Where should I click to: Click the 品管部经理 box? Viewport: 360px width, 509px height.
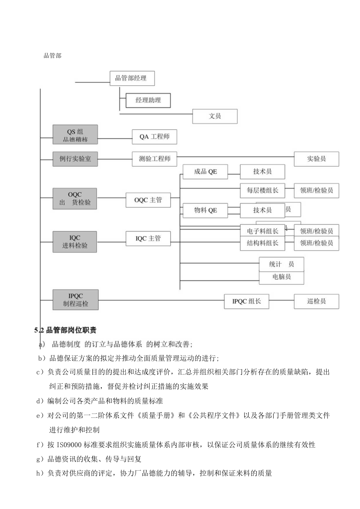point(132,78)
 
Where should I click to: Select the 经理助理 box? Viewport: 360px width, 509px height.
point(148,100)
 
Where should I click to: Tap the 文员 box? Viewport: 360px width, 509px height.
point(215,116)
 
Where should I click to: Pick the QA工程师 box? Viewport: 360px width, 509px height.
point(154,137)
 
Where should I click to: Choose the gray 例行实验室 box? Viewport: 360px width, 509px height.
point(75,159)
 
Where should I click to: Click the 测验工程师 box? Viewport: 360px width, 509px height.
point(154,159)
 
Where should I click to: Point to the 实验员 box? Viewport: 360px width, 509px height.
point(317,159)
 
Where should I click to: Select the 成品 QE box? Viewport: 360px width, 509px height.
point(205,172)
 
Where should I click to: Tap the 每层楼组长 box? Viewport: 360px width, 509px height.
point(263,191)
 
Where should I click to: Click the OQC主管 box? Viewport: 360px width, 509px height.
point(148,200)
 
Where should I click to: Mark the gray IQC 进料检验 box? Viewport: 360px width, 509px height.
point(75,241)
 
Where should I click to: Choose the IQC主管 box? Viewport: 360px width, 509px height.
point(148,238)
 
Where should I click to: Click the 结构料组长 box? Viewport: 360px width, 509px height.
point(263,243)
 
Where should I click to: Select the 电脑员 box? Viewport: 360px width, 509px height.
point(281,277)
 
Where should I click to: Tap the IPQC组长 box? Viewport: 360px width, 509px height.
point(247,301)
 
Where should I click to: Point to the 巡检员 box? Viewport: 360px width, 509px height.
point(317,301)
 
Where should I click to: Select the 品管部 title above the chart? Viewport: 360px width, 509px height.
point(52,56)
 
